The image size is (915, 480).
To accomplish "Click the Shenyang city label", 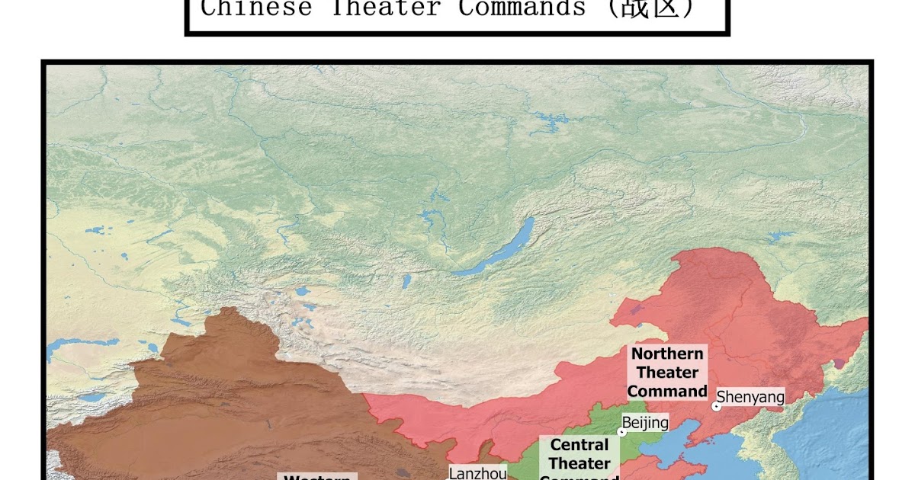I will point(750,397).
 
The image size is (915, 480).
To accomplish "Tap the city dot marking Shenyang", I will point(715,407).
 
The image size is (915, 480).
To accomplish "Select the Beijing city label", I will point(645,423).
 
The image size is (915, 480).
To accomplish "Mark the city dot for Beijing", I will point(621,432).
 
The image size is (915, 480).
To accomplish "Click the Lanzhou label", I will point(477,473).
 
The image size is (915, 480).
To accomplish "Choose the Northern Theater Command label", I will point(667,373).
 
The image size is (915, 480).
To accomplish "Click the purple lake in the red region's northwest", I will point(635,310).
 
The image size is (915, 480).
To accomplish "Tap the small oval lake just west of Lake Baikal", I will point(407,281).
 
